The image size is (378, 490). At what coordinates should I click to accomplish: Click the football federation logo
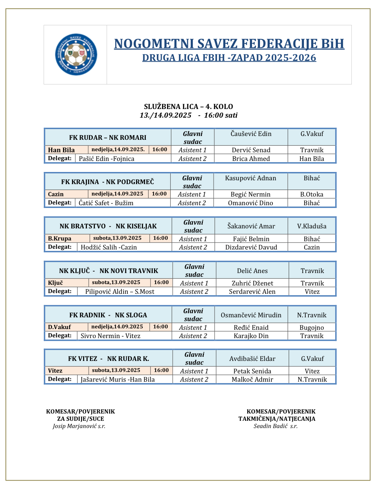coord(76,55)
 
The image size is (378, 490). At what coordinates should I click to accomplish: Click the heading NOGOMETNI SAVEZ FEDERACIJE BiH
coord(229,44)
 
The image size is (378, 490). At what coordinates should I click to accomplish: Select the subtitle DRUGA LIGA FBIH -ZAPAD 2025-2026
coord(229,58)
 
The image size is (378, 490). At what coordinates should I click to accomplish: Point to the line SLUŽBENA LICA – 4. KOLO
coord(189,107)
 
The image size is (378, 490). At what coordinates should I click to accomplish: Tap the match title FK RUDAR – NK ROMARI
coord(108,137)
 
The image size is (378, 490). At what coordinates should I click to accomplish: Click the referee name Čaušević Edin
coord(251,134)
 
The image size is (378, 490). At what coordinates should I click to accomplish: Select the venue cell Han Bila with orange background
coord(62,150)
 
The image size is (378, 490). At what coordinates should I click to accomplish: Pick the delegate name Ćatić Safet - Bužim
coord(106,203)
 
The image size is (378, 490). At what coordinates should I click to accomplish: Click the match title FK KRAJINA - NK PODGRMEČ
coord(108,182)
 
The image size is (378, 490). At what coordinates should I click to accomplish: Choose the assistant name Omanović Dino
coord(251,203)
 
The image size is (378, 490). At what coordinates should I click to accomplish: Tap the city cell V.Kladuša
coord(312,226)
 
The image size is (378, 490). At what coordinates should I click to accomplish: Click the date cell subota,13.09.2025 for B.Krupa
coord(117,238)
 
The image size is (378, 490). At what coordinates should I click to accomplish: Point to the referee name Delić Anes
coord(252,271)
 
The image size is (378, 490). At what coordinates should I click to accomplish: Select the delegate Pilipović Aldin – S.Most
coord(120,292)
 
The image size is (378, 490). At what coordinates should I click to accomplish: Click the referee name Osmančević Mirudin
coord(251,315)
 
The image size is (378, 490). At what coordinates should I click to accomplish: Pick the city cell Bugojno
coord(312,327)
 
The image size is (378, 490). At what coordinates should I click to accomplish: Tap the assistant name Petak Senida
coord(252,371)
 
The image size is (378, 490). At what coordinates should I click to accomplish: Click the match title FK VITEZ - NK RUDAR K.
coord(109,359)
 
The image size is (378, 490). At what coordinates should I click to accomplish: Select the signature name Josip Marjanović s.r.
coord(79,426)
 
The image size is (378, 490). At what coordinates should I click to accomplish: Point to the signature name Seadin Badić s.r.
coord(276,426)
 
